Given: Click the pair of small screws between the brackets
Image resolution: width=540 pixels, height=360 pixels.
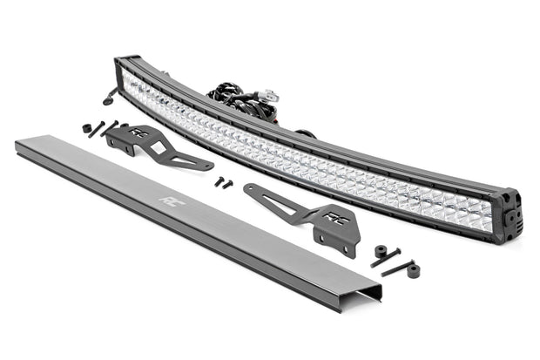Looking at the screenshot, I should (x=224, y=183).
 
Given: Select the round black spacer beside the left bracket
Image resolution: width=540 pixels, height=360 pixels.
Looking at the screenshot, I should (x=88, y=128).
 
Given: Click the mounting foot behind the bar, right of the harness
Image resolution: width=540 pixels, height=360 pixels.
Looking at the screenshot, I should (x=307, y=134).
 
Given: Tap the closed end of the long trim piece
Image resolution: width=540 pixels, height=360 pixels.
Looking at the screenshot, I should (x=19, y=146).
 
